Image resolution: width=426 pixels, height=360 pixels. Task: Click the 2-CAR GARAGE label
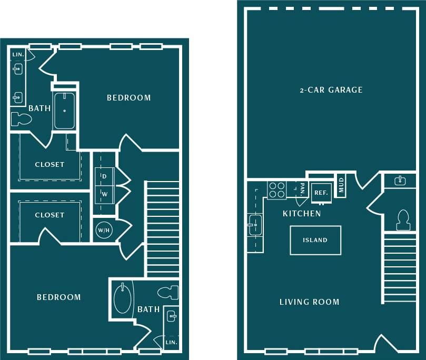click(331, 90)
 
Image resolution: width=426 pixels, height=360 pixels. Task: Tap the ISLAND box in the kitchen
click(315, 240)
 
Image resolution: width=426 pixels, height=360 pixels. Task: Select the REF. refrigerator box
click(321, 193)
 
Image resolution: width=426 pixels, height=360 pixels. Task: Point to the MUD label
click(341, 186)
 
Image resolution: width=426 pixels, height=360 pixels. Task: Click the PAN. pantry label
click(302, 188)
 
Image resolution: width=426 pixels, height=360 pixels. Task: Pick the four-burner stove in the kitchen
click(276, 189)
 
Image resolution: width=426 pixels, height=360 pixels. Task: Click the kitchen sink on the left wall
click(255, 225)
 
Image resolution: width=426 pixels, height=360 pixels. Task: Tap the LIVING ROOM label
click(309, 302)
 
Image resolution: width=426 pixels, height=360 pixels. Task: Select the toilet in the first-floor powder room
click(403, 220)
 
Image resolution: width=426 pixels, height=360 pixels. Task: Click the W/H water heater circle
click(103, 230)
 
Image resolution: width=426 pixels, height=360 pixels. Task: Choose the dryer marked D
click(104, 176)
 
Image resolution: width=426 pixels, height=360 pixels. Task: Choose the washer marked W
click(104, 194)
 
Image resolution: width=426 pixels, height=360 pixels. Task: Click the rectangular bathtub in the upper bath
click(64, 111)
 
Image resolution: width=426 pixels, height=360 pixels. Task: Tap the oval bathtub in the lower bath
click(122, 298)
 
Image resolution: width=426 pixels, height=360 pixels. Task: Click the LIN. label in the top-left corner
click(17, 54)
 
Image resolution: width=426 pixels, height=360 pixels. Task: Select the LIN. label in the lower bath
click(171, 342)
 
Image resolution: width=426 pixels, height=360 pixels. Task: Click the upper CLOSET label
click(49, 164)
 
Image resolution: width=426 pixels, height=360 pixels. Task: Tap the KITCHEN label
click(302, 214)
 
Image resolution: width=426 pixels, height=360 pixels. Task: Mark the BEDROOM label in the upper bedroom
click(128, 98)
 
